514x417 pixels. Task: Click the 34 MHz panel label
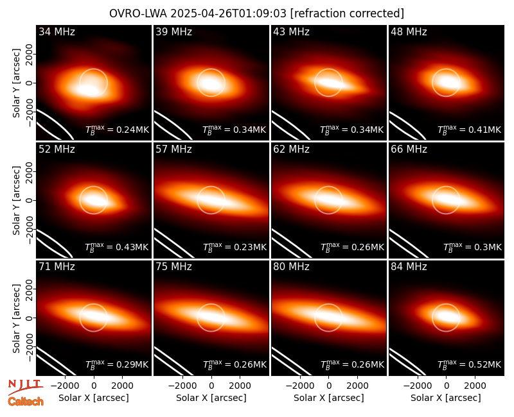[57, 31]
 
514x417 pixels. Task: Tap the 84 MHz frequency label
[409, 267]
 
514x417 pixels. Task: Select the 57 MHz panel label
[173, 149]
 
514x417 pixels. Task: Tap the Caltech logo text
[26, 402]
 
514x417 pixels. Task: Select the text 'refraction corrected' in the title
[347, 13]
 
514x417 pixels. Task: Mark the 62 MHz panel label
[292, 149]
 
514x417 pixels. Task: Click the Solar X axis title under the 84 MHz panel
[446, 398]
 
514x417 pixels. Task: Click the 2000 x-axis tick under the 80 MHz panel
[357, 386]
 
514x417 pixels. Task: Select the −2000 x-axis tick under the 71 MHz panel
[63, 386]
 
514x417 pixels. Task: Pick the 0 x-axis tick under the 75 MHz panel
[211, 386]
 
